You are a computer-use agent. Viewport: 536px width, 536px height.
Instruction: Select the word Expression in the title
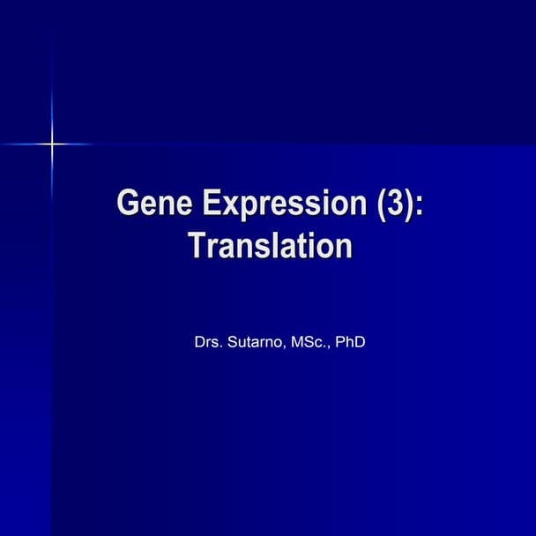pos(280,204)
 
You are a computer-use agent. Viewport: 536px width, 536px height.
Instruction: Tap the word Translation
pos(270,246)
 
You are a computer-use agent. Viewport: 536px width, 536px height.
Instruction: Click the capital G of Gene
pos(128,204)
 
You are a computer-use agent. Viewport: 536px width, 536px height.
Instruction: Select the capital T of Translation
pos(196,246)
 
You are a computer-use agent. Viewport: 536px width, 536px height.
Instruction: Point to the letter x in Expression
pos(227,206)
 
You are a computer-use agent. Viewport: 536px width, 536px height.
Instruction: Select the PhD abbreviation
pos(350,341)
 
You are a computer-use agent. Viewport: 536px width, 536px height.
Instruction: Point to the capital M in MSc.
pos(292,341)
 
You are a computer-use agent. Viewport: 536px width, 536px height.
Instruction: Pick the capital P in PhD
pos(339,341)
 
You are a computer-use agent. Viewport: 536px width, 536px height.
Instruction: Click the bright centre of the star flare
pos(51,143)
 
